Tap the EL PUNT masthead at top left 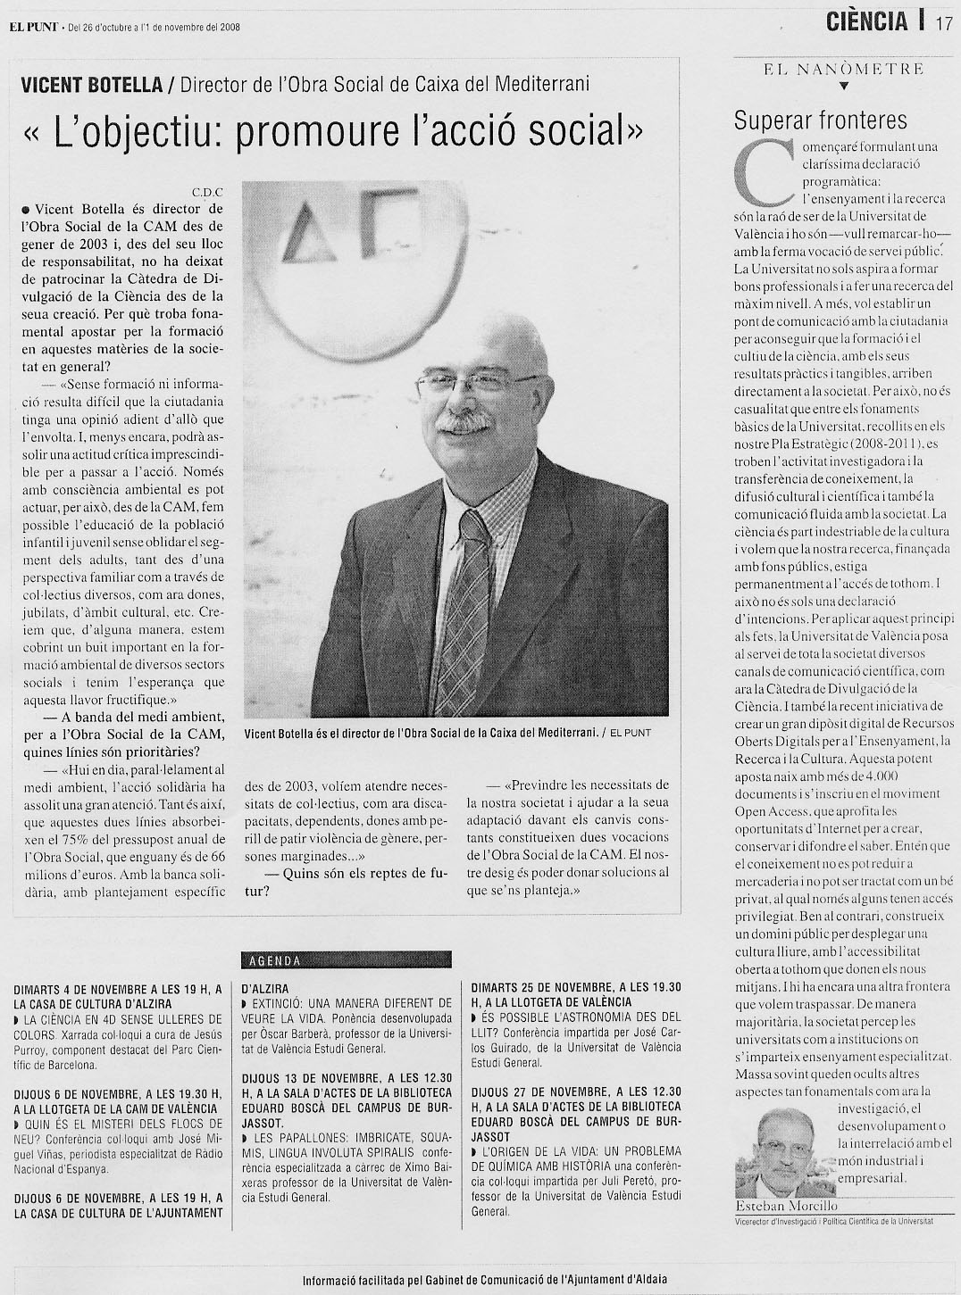[x=34, y=26]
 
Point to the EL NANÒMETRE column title [x=844, y=68]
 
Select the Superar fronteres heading [x=820, y=120]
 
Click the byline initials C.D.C [x=206, y=191]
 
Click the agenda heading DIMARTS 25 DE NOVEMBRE [x=576, y=988]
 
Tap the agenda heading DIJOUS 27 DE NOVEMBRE [x=576, y=1092]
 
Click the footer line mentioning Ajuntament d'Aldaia [x=484, y=1279]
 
